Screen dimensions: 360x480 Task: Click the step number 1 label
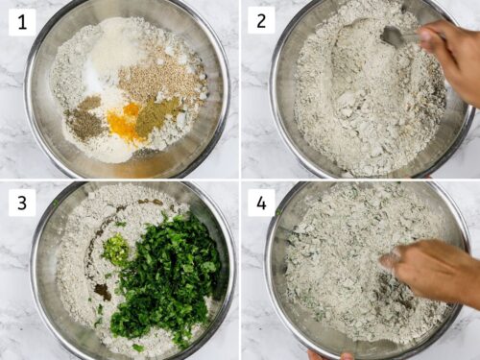[x=22, y=21]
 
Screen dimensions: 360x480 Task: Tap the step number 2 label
[x=261, y=21]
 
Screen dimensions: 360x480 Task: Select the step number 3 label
[x=22, y=203]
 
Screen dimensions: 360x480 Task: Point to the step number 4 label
[x=261, y=203]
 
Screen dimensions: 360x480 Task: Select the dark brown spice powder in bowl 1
[x=86, y=121]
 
